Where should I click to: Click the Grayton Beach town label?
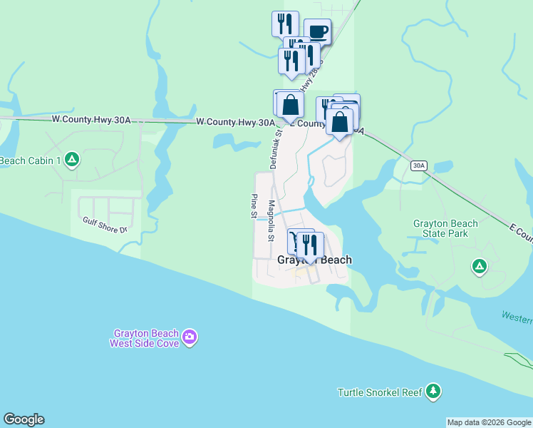pos(314,260)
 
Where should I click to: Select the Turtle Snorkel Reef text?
pos(379,392)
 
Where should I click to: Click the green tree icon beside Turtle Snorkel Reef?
pos(433,391)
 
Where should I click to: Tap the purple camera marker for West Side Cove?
pos(189,336)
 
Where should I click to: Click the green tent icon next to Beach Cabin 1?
pos(71,160)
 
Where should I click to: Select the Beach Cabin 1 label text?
pos(30,160)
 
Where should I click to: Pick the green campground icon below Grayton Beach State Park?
pos(480,267)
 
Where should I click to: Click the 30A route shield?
pos(420,165)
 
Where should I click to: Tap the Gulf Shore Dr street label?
pos(104,225)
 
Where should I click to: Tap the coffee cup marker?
pos(318,32)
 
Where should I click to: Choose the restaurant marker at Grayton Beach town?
pos(310,245)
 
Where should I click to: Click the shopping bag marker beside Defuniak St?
pos(290,106)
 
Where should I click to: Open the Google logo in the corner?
pos(24,419)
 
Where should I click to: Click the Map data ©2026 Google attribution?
pos(489,422)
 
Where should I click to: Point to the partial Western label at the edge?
pos(517,314)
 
